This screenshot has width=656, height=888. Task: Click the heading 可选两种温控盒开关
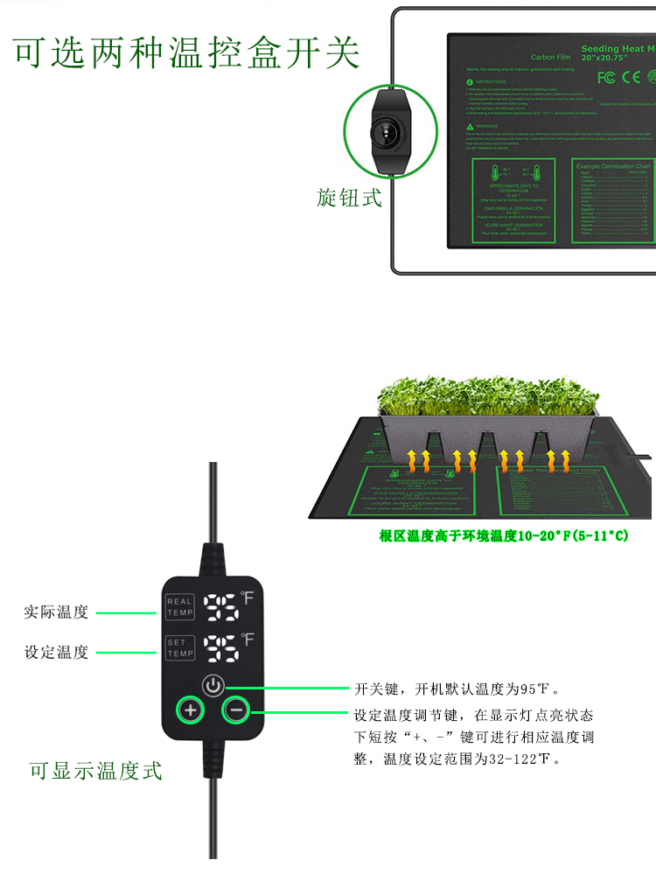coord(187,52)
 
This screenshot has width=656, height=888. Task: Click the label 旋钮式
coord(349,198)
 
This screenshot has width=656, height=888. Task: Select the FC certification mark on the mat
coord(606,77)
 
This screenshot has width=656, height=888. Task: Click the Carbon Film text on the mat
coord(551,57)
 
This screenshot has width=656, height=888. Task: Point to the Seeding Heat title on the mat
coord(618,49)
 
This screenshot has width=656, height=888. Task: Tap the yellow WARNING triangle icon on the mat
coord(469,126)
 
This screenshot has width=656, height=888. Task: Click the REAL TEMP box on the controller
coord(180,606)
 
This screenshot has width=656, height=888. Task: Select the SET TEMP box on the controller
coord(180,648)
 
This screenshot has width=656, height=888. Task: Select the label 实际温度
coord(56,612)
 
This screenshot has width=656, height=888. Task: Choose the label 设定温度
coord(56,653)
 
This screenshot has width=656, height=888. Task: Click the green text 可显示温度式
coord(95,771)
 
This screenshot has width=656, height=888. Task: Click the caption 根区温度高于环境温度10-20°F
coord(503,535)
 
